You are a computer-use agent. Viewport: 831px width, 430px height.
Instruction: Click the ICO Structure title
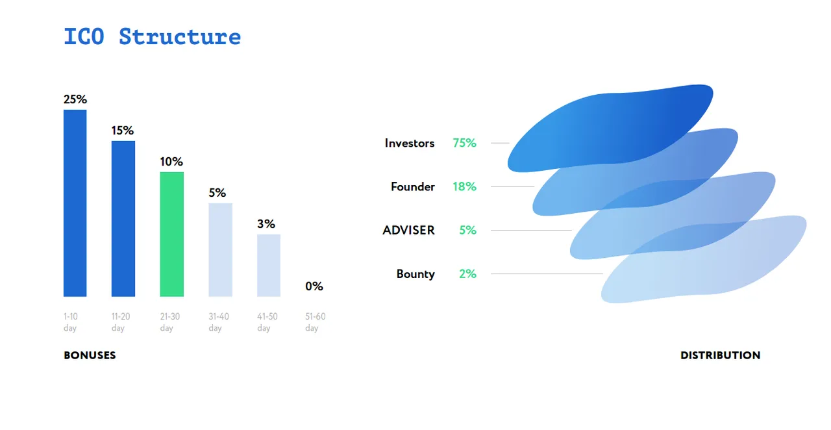(x=152, y=37)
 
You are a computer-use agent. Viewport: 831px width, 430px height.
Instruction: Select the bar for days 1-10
(x=75, y=203)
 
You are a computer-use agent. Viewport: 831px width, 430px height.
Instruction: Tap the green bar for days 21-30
(x=172, y=234)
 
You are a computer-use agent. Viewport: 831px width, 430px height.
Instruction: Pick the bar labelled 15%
(x=123, y=219)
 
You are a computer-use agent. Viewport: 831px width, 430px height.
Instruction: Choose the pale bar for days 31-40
(x=220, y=250)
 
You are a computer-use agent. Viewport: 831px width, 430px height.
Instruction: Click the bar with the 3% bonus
(x=269, y=266)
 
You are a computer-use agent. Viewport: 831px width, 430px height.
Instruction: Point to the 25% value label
(x=75, y=99)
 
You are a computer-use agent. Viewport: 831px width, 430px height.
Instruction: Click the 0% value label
(x=314, y=286)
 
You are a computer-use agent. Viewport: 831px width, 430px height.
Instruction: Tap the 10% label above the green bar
(x=171, y=162)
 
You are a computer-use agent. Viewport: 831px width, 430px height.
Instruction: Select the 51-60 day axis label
(x=316, y=322)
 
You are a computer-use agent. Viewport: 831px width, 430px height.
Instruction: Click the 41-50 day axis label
(x=267, y=322)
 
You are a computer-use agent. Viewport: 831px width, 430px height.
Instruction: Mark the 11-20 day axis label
(x=121, y=322)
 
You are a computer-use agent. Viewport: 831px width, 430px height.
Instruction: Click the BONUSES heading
(x=90, y=355)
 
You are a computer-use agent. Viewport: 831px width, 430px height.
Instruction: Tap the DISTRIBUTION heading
(x=721, y=355)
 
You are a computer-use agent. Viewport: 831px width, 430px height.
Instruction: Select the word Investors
(x=410, y=143)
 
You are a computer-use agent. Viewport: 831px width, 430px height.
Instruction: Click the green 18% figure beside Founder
(x=464, y=186)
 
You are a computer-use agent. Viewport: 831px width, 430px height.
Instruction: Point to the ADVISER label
(x=408, y=230)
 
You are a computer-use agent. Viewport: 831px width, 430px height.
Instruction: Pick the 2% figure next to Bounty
(x=467, y=273)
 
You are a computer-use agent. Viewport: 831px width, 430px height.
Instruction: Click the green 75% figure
(x=464, y=143)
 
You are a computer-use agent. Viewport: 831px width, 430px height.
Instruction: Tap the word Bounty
(x=415, y=274)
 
